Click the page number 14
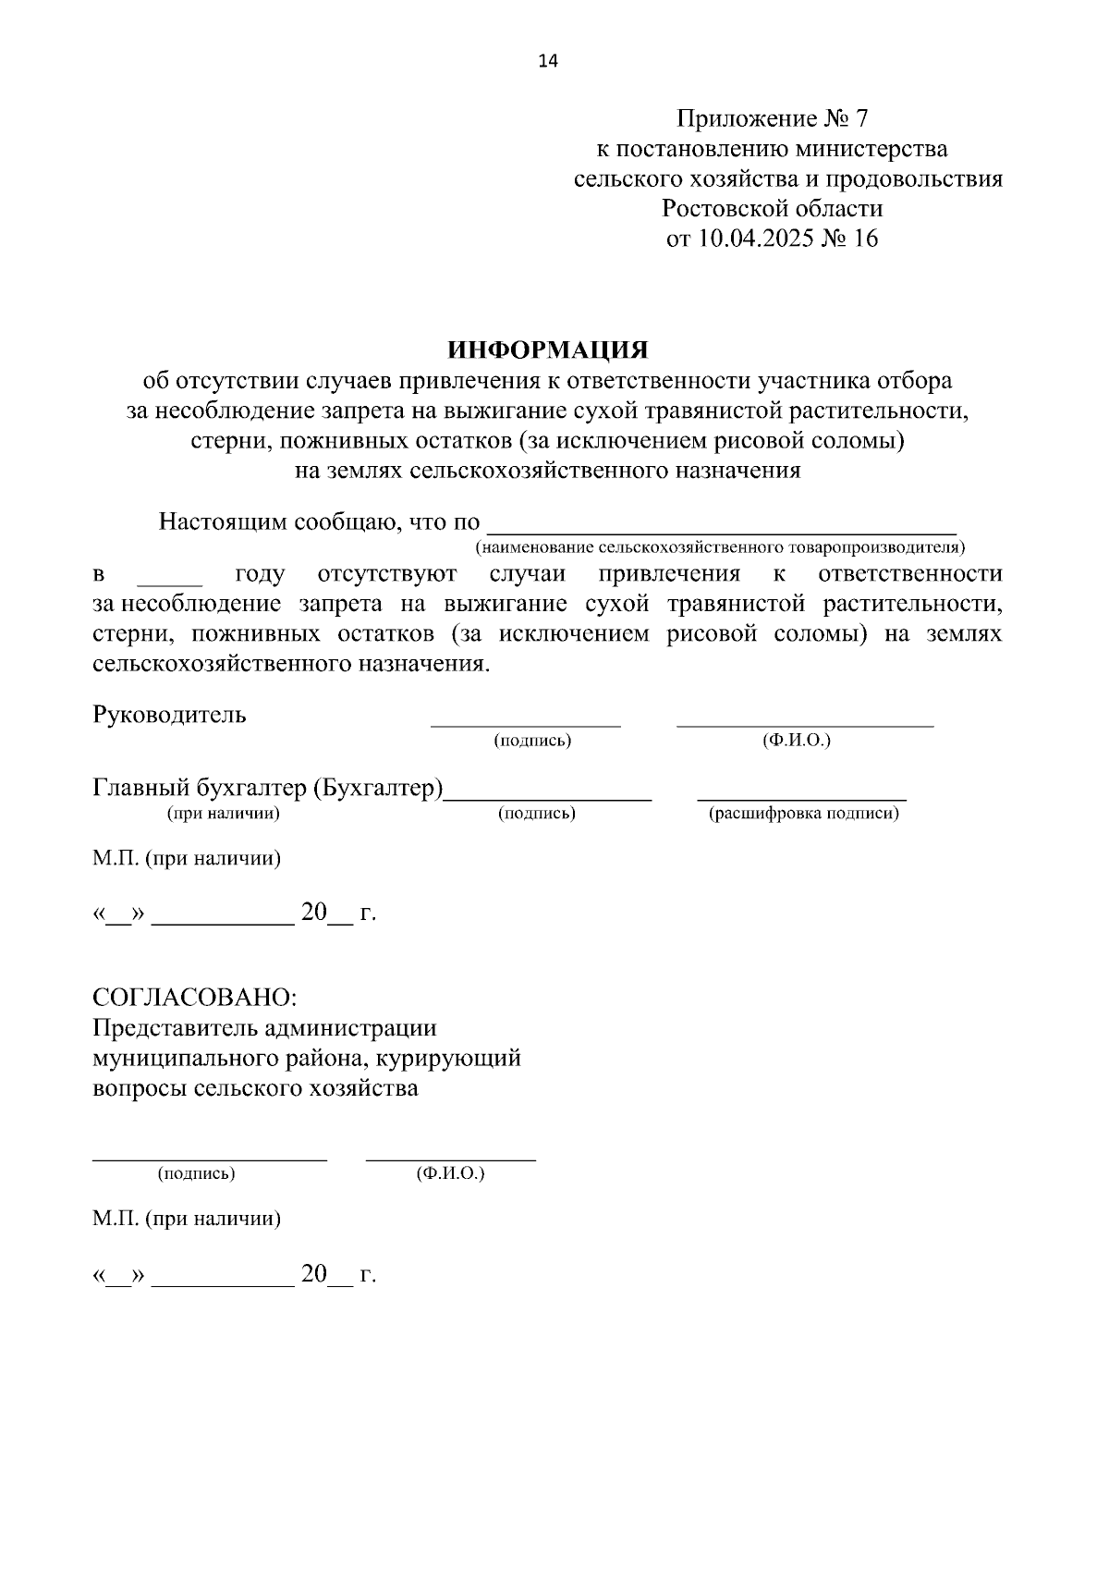pyautogui.click(x=548, y=62)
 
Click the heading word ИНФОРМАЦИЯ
pyautogui.click(x=548, y=350)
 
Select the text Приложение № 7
pyautogui.click(x=773, y=118)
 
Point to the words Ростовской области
pyautogui.click(x=772, y=208)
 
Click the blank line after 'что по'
pyautogui.click(x=721, y=527)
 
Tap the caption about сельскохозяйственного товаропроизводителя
pyautogui.click(x=721, y=547)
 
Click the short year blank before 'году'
pyautogui.click(x=169, y=578)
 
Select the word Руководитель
pyautogui.click(x=169, y=715)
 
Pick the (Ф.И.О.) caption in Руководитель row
pyautogui.click(x=797, y=741)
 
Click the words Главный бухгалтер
pyautogui.click(x=199, y=789)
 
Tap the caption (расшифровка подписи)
pyautogui.click(x=803, y=814)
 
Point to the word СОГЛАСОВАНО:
pyautogui.click(x=194, y=998)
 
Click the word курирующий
pyautogui.click(x=461, y=1058)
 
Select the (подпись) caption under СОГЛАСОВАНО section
pyautogui.click(x=196, y=1173)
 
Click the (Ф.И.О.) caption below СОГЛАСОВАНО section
pyautogui.click(x=450, y=1173)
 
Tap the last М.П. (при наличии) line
pyautogui.click(x=187, y=1219)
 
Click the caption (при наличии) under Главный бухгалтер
pyautogui.click(x=223, y=814)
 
